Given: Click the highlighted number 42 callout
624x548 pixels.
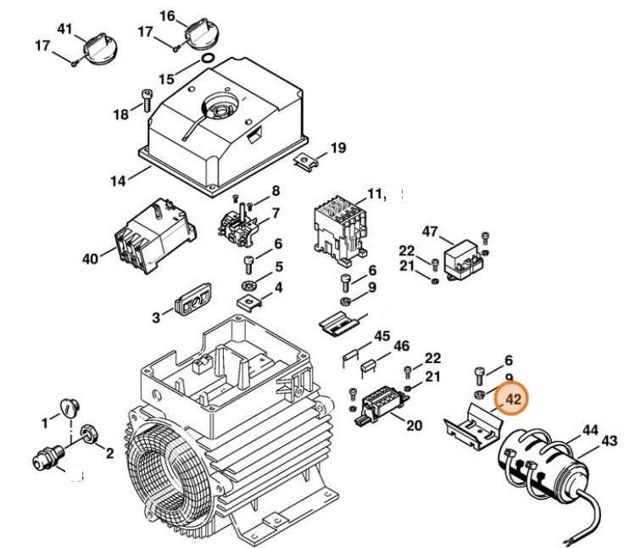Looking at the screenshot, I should point(513,399).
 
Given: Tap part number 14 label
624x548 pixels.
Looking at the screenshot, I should point(117,181).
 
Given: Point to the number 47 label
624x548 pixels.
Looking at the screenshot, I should point(430,232).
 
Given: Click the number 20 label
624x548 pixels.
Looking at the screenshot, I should point(414,425).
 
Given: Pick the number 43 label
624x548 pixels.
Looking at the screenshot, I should point(610,441).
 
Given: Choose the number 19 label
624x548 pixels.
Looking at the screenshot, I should point(338,148).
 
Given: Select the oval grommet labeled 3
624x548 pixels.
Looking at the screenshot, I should point(191,301).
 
